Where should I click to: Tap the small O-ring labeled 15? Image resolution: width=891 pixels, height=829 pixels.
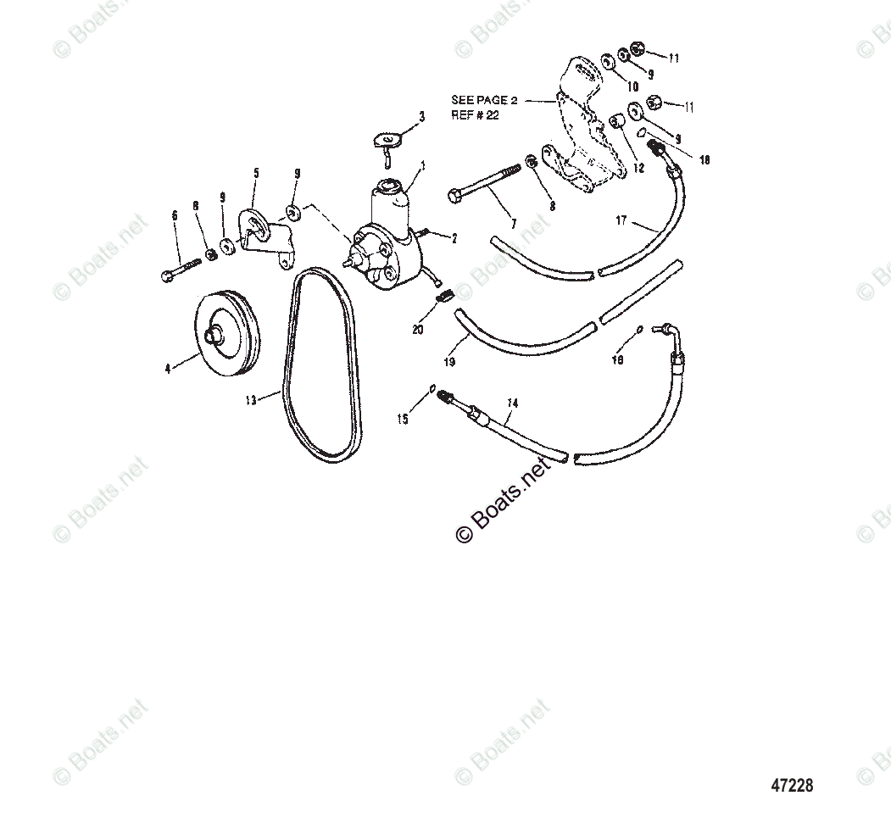tap(432, 389)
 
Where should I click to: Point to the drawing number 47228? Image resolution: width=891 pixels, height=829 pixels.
tap(791, 786)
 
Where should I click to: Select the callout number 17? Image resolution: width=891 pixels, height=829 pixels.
tap(621, 220)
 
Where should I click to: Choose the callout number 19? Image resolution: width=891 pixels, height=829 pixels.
tap(449, 362)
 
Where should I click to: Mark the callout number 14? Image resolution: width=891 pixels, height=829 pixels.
tap(510, 405)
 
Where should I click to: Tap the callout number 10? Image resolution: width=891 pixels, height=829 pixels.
tap(632, 86)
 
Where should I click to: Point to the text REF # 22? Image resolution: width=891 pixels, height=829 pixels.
tap(476, 115)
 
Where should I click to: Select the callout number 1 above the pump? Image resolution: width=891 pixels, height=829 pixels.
tap(423, 164)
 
